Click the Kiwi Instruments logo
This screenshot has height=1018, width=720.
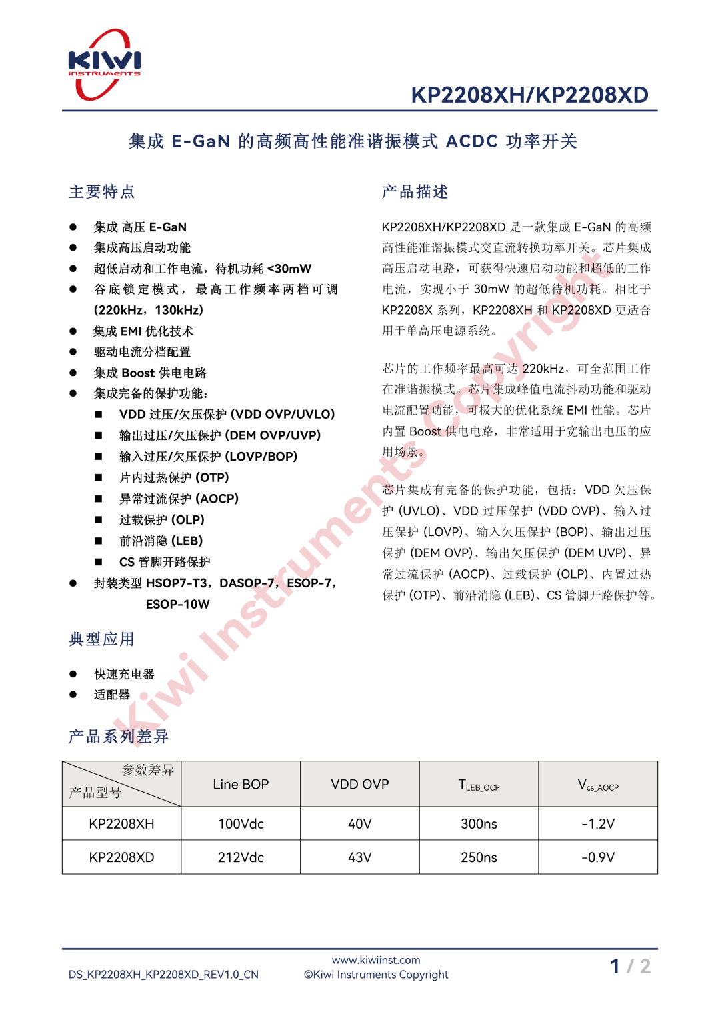[x=104, y=65]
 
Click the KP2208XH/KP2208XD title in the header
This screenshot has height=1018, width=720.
[x=529, y=95]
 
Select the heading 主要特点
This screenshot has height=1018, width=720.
[x=102, y=192]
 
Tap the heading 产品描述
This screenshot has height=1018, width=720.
[x=415, y=192]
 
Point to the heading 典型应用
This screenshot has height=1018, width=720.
[x=102, y=639]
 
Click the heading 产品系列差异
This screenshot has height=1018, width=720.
[x=119, y=736]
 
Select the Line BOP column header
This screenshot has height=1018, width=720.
[x=241, y=785]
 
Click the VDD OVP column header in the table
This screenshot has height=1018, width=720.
[x=360, y=785]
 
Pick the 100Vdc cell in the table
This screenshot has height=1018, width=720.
[x=241, y=824]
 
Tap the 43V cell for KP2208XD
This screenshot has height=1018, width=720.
[x=360, y=857]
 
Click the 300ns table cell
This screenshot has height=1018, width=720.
[x=479, y=824]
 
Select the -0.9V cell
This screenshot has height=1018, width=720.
[x=598, y=857]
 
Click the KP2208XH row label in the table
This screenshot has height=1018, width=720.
[x=121, y=824]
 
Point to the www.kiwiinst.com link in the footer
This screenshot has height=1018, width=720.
[x=376, y=960]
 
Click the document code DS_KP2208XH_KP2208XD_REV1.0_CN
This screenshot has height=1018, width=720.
[x=163, y=975]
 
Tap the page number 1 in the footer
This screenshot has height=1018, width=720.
[x=615, y=966]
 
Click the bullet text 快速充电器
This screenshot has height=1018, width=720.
[x=124, y=674]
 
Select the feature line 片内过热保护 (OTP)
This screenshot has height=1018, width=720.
[x=174, y=477]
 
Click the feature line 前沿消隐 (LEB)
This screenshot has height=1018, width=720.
[x=161, y=541]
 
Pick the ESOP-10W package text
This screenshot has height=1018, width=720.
[x=177, y=604]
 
